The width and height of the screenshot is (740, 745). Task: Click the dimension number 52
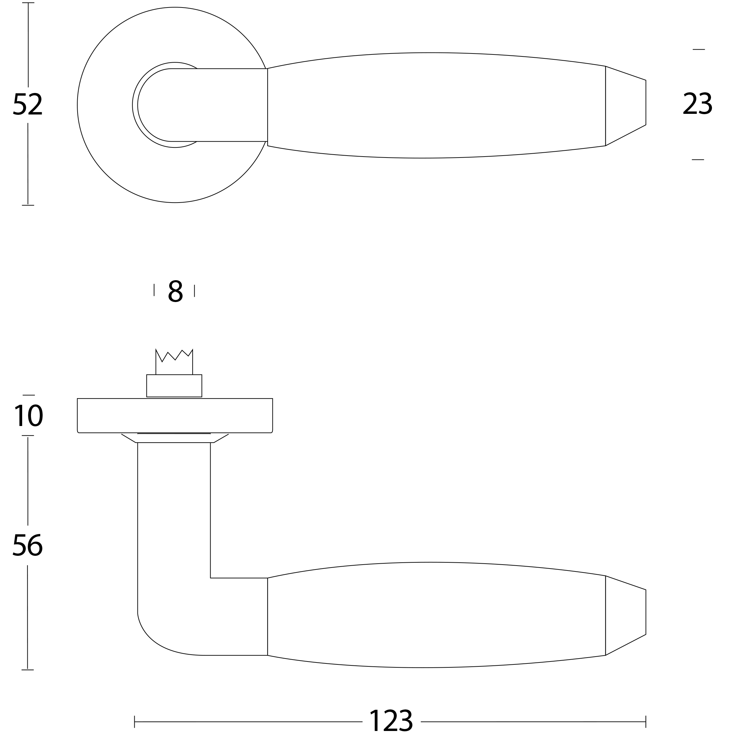coord(27,104)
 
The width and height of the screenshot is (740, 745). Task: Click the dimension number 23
coord(697,103)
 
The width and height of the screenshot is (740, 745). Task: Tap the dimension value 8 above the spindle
coord(175,291)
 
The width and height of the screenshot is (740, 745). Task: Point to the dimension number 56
coord(27,545)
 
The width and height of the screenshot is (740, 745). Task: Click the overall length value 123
coord(391,721)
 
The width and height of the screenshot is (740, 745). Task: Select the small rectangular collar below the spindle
coord(174,386)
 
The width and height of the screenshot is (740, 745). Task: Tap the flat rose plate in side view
coord(175,416)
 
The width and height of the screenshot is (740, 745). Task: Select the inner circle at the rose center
coord(154,105)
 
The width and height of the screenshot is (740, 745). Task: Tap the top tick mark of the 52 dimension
coord(28,3)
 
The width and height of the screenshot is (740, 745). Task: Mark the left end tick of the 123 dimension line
coord(135,722)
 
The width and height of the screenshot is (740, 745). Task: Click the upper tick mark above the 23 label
coord(698,49)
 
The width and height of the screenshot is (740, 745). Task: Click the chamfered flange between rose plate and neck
coord(175,438)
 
